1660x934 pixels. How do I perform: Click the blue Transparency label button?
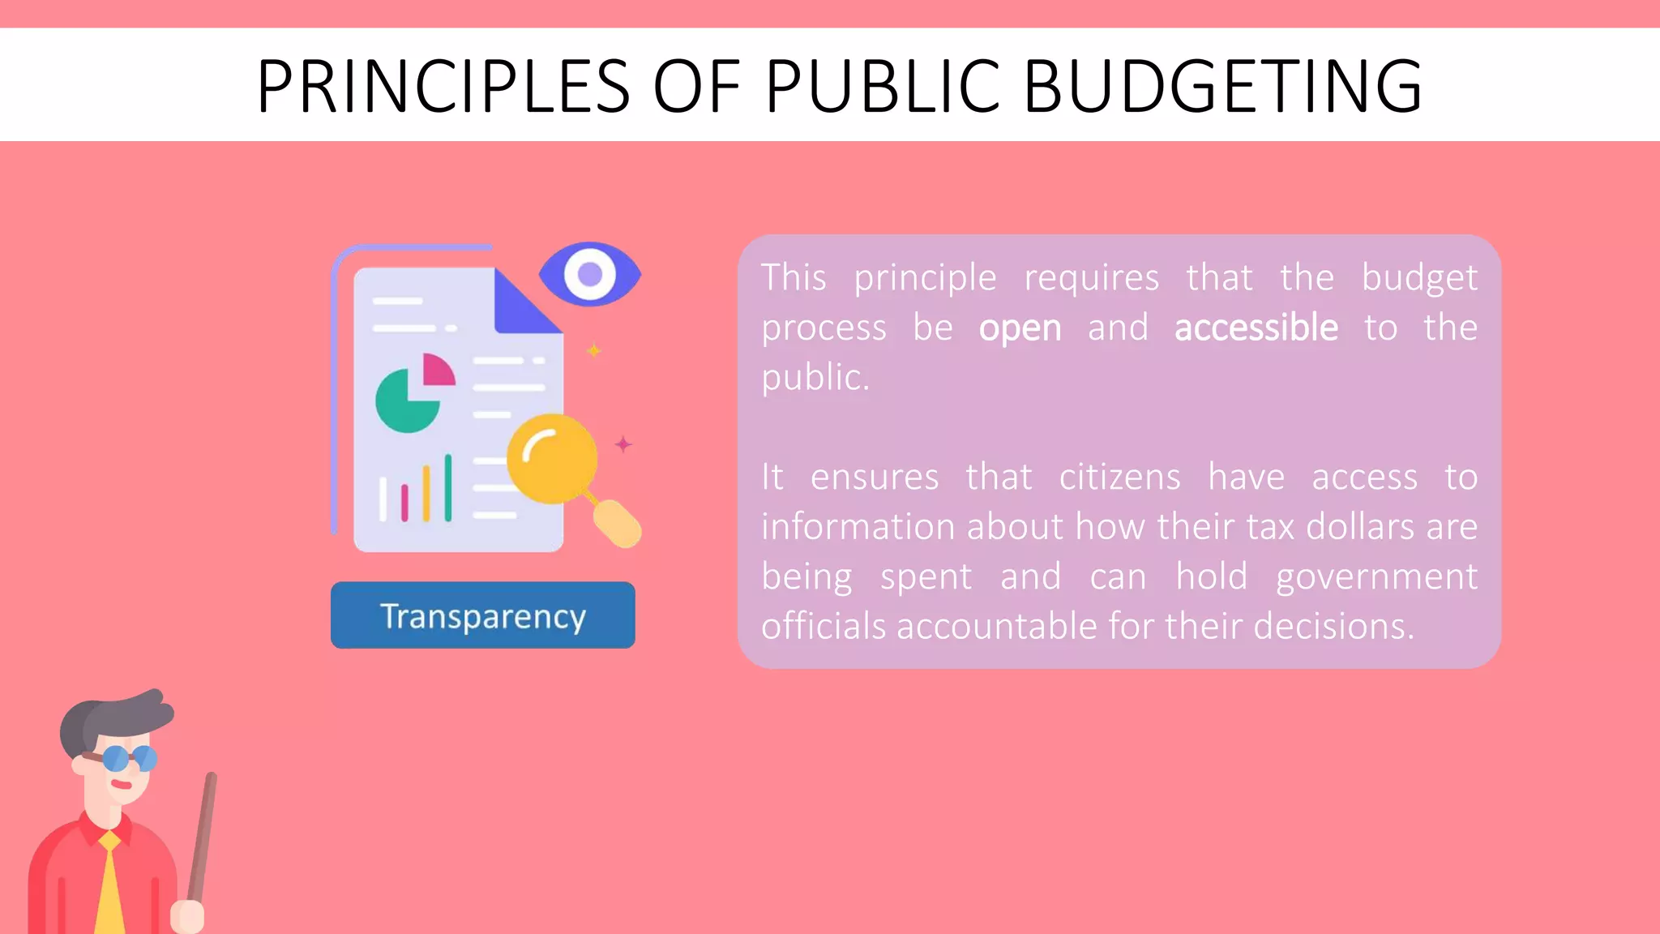click(482, 615)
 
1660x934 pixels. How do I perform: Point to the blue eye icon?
click(590, 274)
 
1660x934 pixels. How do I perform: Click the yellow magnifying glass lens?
click(551, 459)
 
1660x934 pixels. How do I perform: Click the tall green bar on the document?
click(447, 487)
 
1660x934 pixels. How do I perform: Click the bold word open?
click(1020, 328)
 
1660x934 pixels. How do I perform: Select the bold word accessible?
click(1256, 328)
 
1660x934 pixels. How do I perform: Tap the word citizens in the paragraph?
click(1119, 477)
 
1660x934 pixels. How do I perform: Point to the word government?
click(1376, 576)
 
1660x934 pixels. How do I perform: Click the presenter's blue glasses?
click(129, 758)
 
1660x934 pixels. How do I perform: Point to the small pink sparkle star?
click(622, 444)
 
